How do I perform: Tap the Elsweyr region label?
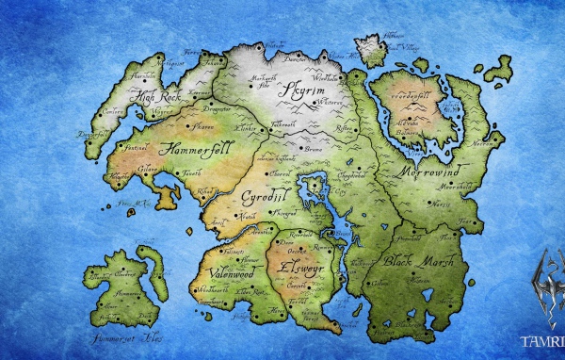coord(298,268)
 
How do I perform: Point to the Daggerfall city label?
coord(92,135)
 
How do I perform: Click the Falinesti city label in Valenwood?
coord(232,251)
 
